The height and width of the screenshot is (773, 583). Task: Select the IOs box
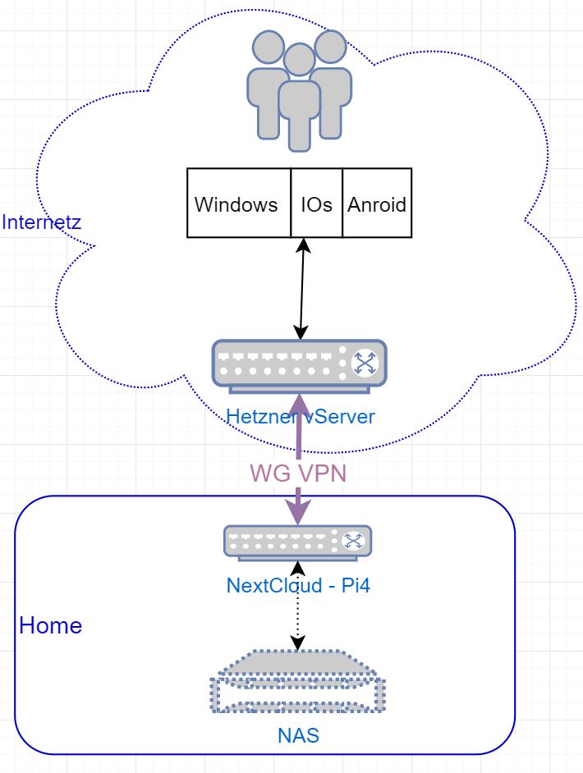click(x=316, y=204)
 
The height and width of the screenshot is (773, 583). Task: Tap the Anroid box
click(x=377, y=204)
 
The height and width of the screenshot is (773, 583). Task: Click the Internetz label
click(x=41, y=222)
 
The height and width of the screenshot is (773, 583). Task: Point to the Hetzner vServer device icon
click(x=299, y=363)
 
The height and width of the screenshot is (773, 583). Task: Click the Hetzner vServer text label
click(x=301, y=416)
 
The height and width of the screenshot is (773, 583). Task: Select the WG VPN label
click(x=296, y=473)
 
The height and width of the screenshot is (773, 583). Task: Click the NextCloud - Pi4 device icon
click(x=297, y=542)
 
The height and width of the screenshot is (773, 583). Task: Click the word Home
click(x=51, y=625)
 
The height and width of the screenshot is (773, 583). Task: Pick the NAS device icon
click(x=297, y=682)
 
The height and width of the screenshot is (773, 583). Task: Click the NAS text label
click(x=297, y=735)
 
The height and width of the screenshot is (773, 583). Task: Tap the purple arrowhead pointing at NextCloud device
click(x=297, y=513)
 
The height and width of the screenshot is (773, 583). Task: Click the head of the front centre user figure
click(x=299, y=59)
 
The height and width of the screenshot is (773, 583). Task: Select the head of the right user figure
click(x=330, y=47)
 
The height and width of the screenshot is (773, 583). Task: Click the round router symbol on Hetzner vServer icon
click(x=363, y=364)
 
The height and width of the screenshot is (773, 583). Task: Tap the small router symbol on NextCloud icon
click(x=353, y=541)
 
